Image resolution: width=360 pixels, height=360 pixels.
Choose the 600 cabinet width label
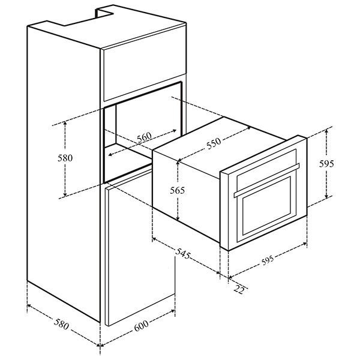pyautogui.click(x=141, y=328)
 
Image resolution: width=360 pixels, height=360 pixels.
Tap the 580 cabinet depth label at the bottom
pyautogui.click(x=60, y=328)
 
